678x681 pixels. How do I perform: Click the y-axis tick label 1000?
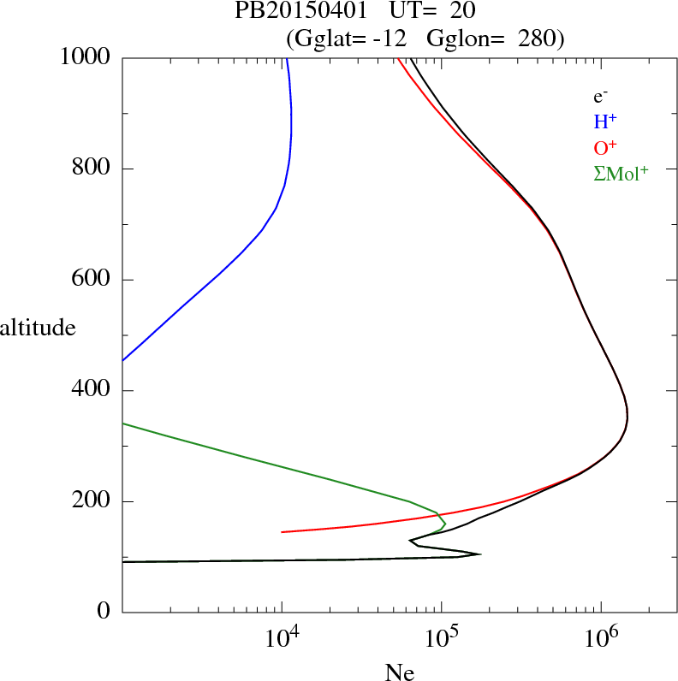[x=86, y=57]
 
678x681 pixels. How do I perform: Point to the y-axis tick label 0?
[x=104, y=612]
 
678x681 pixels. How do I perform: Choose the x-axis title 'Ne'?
[x=399, y=672]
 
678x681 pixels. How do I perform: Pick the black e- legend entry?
[x=600, y=98]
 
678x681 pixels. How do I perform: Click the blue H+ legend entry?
[x=605, y=122]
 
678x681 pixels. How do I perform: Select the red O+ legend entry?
[x=605, y=148]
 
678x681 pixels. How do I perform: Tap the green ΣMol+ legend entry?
[x=621, y=174]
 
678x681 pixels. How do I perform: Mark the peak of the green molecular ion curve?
[x=445, y=521]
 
